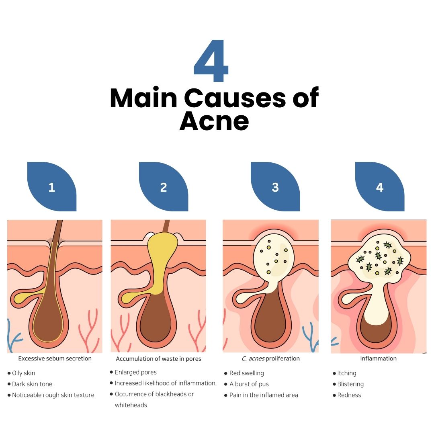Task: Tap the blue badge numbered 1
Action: coord(52,187)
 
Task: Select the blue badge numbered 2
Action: coord(164,187)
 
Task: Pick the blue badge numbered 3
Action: coord(275,187)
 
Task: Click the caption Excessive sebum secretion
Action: coord(55,358)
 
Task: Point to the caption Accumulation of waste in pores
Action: coord(158,358)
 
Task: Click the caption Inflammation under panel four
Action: coord(378,358)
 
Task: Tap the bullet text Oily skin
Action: coord(24,373)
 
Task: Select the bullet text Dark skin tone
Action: coord(32,384)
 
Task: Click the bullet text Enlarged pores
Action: coord(136,372)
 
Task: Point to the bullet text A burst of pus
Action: coord(249,384)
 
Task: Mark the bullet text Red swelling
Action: coord(247,373)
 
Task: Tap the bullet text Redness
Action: coord(349,395)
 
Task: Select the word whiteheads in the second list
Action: coord(131,405)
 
